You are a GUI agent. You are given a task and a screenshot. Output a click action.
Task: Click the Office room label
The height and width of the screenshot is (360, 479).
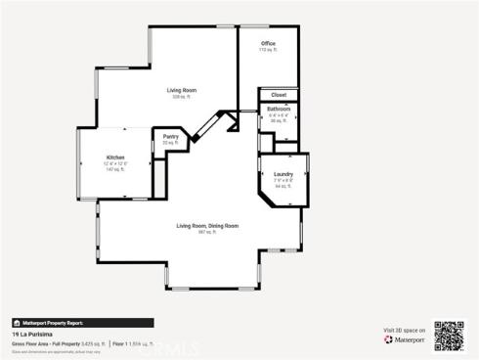[x=268, y=44]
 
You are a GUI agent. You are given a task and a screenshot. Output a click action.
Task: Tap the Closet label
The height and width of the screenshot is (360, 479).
[x=279, y=96]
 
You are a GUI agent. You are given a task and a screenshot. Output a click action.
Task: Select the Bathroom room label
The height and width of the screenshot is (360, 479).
[x=279, y=109]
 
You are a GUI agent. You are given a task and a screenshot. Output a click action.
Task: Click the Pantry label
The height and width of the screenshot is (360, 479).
[x=170, y=137]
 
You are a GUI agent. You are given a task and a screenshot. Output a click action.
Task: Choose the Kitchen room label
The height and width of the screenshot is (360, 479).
[x=115, y=157]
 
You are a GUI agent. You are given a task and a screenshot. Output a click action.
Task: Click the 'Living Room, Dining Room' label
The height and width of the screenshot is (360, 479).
[x=207, y=226]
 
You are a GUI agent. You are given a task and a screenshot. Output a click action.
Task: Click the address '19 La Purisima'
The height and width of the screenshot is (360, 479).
[x=28, y=334]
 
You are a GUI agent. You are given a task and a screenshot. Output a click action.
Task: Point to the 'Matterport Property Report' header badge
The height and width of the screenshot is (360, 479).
[x=49, y=322]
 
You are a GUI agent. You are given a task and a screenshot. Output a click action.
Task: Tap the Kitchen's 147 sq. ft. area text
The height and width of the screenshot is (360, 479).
[x=115, y=169]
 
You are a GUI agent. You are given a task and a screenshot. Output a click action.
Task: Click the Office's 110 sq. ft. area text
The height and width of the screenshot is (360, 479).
[x=268, y=50]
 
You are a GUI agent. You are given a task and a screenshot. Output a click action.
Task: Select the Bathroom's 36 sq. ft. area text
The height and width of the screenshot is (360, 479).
[x=279, y=120]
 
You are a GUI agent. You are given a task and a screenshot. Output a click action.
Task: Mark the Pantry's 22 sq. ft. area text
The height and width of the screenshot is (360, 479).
[x=170, y=143]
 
